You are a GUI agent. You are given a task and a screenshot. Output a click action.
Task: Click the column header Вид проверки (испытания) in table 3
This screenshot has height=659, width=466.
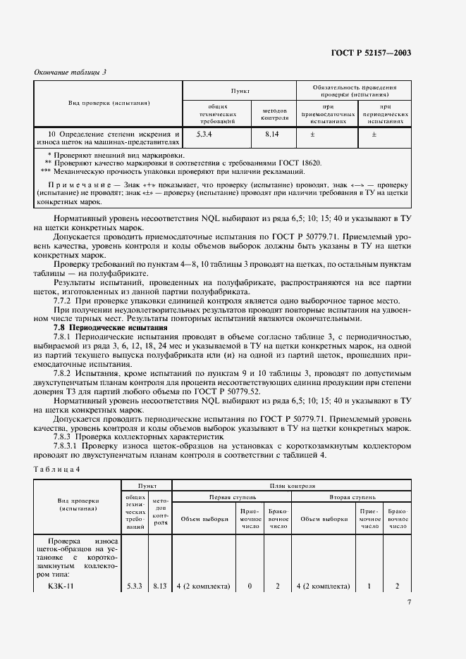pos(109,103)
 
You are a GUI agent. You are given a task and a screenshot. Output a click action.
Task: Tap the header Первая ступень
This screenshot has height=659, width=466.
pos(231,496)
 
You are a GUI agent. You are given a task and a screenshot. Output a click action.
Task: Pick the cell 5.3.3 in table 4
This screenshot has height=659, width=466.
pos(135,586)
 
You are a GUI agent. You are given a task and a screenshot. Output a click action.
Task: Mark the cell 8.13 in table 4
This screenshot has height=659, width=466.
pos(161,586)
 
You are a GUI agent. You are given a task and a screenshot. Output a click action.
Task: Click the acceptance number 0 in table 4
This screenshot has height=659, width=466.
pos(250,586)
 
